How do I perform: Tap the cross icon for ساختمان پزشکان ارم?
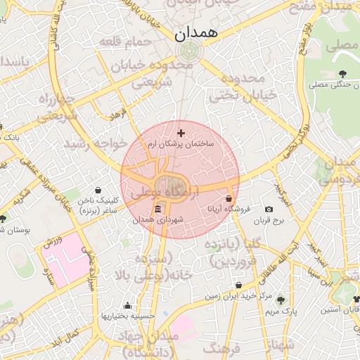[x=181, y=132]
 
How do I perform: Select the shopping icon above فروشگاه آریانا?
[x=229, y=199]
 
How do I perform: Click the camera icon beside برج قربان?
[x=269, y=210]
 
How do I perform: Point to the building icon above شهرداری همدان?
[x=157, y=210]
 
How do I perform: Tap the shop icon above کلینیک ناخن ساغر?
[x=98, y=190]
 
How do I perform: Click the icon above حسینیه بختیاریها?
[x=127, y=306]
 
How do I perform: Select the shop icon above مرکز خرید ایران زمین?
[x=239, y=285]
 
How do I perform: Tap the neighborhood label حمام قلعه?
[x=127, y=42]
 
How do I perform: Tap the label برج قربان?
[x=287, y=220]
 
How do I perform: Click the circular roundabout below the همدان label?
[x=188, y=53]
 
